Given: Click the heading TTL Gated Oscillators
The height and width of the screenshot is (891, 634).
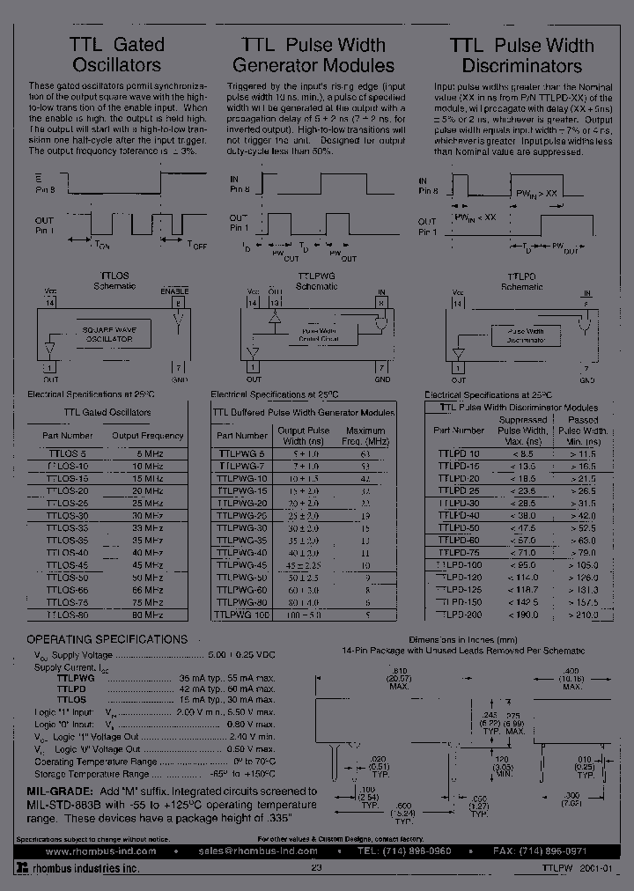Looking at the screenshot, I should point(116,54).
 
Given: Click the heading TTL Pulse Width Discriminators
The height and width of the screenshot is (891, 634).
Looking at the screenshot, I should point(521,55).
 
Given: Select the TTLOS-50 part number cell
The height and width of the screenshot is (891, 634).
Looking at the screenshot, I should point(68,577).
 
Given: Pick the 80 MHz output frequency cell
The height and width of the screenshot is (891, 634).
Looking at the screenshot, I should point(147,615).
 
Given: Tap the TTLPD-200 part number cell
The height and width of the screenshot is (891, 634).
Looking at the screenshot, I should point(459,615).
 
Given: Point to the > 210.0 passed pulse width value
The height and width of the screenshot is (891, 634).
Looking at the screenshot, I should point(583,615).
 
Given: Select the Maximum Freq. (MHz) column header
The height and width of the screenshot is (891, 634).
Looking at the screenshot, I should point(365,435).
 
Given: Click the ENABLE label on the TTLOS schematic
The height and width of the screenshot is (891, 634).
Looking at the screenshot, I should point(174,291).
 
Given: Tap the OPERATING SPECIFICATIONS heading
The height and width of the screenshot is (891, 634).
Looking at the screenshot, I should point(107,639).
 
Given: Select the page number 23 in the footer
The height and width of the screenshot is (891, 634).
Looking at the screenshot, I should point(316,868).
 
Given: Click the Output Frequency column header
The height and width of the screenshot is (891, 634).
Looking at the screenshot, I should point(148,435).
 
